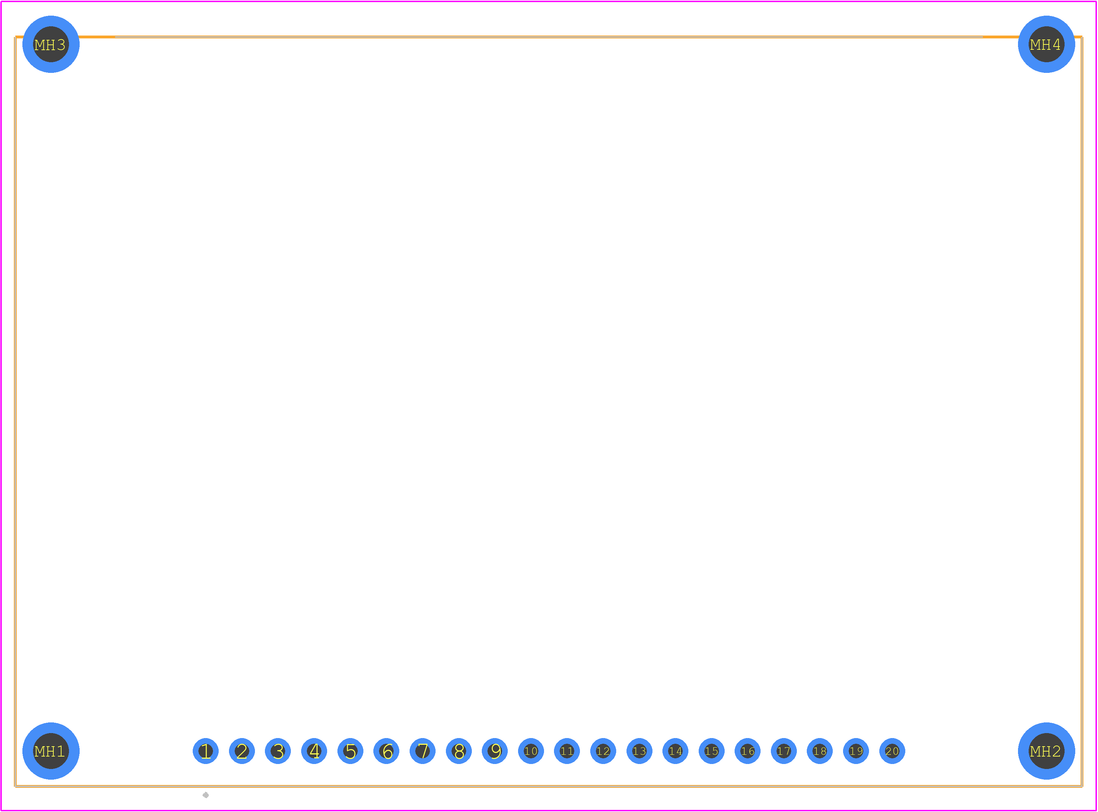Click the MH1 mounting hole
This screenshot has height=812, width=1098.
(x=51, y=751)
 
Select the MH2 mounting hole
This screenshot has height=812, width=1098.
(x=1046, y=751)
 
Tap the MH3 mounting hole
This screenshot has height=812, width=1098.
(x=51, y=44)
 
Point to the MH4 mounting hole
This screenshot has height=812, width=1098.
(x=1046, y=44)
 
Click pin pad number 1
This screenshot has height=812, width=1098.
(x=206, y=751)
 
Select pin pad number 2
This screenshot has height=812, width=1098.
(x=242, y=751)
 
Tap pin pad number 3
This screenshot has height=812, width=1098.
(x=278, y=751)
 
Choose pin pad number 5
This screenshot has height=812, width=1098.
(x=351, y=751)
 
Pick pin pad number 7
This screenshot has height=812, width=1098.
(x=423, y=751)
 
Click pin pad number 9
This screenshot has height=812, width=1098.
(x=495, y=751)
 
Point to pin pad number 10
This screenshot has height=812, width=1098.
(x=531, y=751)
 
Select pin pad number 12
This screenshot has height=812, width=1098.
(x=603, y=751)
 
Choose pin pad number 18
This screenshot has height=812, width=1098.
(x=820, y=751)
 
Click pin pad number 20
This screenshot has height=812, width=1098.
(x=892, y=751)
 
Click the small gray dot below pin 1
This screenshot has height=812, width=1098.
(x=206, y=795)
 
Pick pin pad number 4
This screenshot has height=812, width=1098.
(x=314, y=751)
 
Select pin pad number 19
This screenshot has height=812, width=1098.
(x=856, y=751)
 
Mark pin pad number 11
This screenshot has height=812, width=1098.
(x=567, y=751)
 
